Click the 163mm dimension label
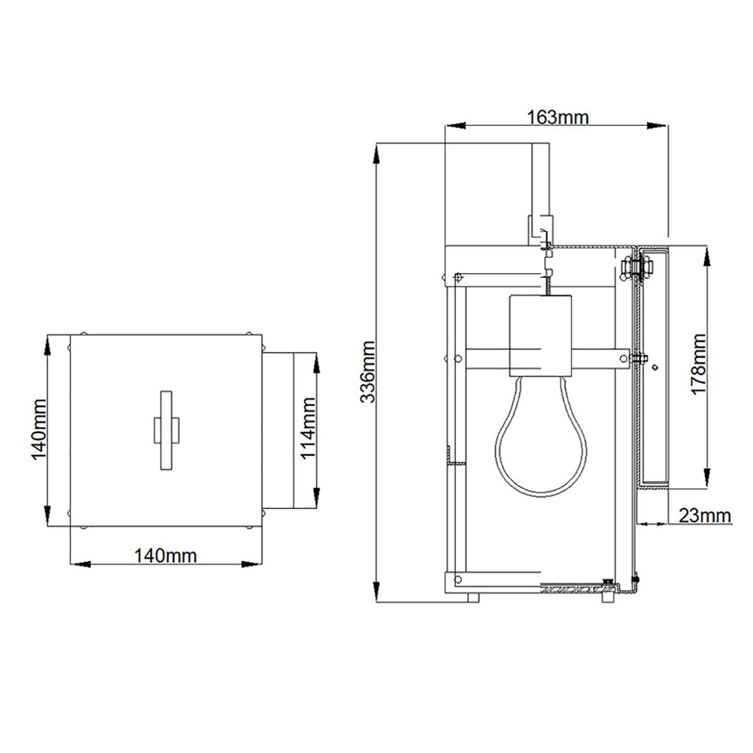pos(557,117)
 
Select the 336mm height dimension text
pos(368,372)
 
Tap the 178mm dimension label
pos(698,364)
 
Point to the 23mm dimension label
pos(704,515)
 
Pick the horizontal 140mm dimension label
pos(165,555)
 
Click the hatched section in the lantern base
pos(571,590)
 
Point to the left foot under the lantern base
pos(473,597)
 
